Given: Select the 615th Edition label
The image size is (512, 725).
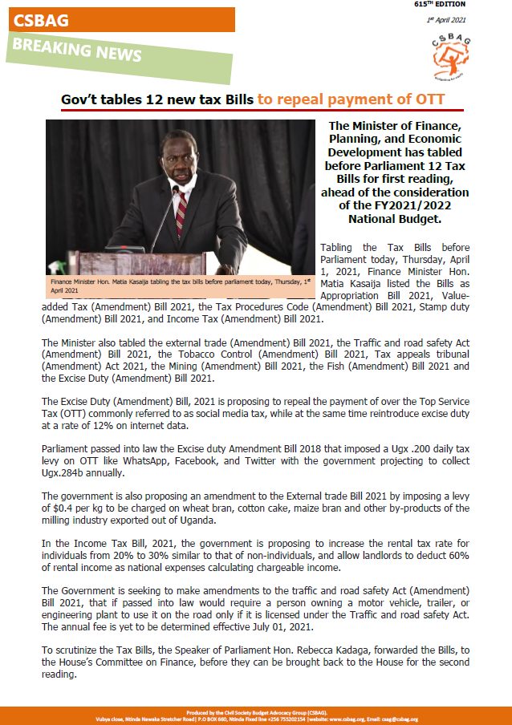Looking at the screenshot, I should [x=440, y=4].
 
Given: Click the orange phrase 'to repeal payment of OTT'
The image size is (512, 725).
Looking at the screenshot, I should [x=351, y=99].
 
